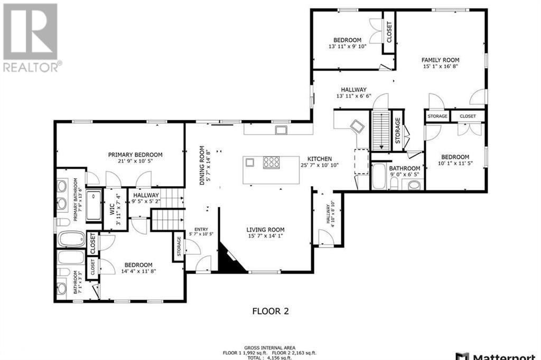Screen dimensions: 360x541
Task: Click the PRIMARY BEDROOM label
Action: [135, 155]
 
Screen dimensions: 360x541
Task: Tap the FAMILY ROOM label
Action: [440, 60]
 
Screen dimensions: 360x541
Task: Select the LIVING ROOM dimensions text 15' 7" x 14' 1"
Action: [265, 236]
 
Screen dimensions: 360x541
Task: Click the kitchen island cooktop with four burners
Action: [272, 162]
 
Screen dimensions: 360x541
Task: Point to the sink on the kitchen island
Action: [250, 162]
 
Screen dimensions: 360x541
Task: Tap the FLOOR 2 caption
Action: [270, 311]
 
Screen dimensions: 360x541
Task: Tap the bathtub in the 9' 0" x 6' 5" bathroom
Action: [380, 177]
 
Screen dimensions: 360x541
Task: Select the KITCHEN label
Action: [320, 159]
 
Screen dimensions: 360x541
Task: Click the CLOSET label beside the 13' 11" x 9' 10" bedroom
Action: [389, 32]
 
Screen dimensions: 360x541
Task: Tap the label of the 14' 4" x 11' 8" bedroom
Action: [138, 265]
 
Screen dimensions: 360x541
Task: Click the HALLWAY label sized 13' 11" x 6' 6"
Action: [353, 90]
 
